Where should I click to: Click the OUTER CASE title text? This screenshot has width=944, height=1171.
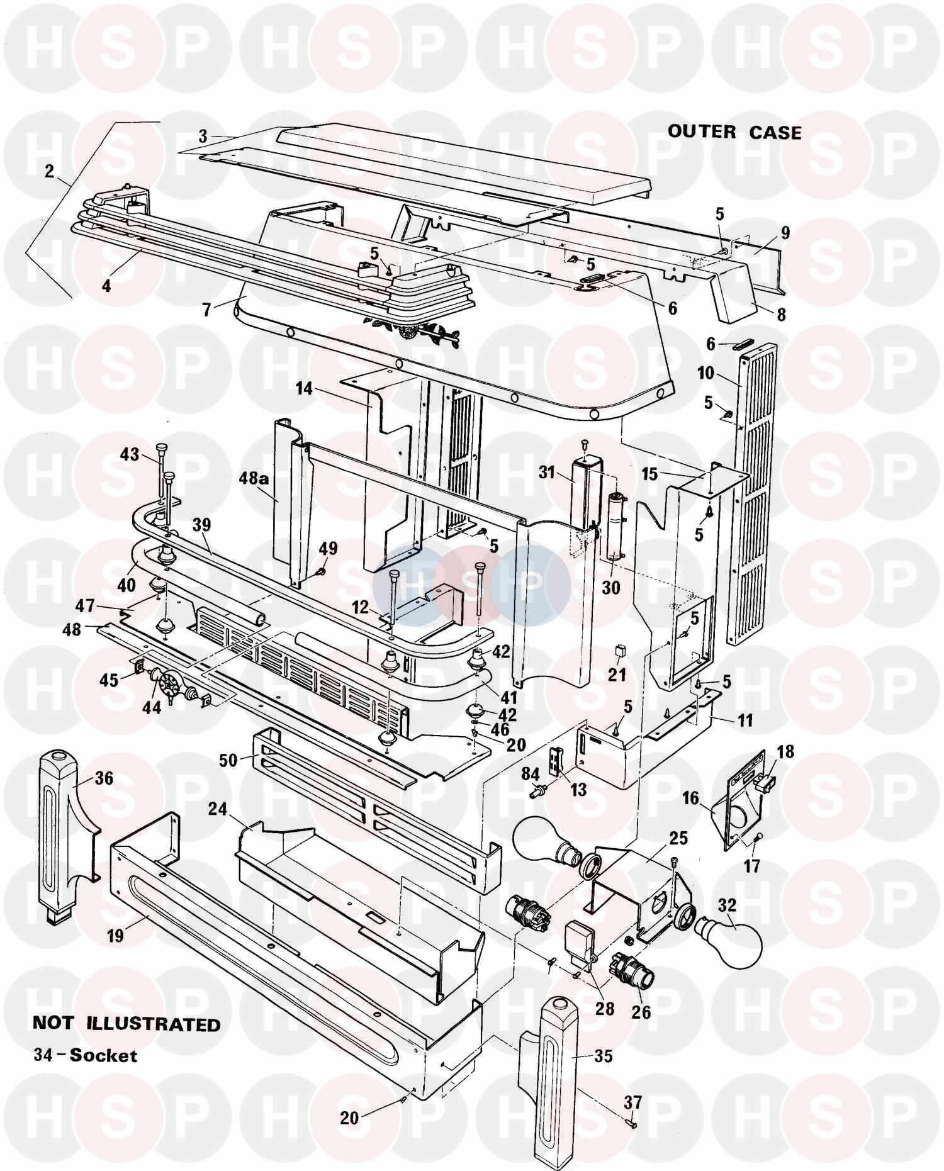click(734, 132)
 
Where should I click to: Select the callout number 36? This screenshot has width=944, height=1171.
click(104, 778)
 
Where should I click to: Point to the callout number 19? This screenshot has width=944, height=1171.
click(115, 935)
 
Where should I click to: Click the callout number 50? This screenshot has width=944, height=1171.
click(228, 760)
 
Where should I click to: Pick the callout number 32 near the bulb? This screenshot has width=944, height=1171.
click(726, 905)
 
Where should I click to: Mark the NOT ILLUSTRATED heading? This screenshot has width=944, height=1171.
click(126, 1024)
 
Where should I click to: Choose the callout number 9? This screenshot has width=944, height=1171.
click(785, 233)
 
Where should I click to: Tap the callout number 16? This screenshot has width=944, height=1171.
click(690, 798)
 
